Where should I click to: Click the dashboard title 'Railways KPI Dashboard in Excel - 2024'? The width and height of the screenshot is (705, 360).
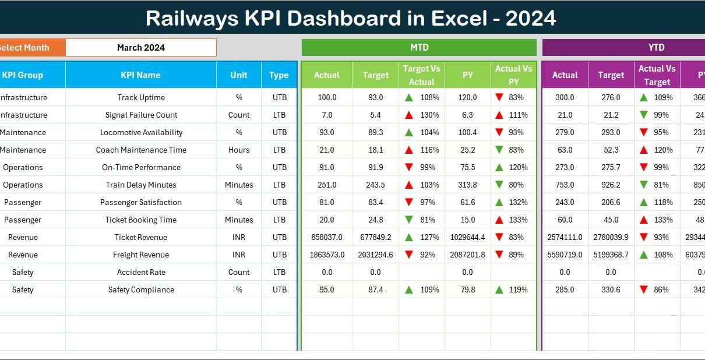(x=351, y=18)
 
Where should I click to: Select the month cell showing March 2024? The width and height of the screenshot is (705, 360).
(x=140, y=48)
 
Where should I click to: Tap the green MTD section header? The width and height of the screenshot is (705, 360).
(x=419, y=48)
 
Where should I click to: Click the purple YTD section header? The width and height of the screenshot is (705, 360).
(x=656, y=48)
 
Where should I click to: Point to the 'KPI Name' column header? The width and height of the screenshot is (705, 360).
(x=140, y=75)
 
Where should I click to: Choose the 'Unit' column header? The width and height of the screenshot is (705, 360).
(x=239, y=75)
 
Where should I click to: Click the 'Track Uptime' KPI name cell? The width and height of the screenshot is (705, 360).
(x=141, y=97)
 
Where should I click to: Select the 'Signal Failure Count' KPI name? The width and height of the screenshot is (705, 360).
(x=141, y=115)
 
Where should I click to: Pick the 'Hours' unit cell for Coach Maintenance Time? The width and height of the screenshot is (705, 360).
(x=239, y=150)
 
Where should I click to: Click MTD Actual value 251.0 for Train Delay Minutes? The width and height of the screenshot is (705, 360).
(x=327, y=185)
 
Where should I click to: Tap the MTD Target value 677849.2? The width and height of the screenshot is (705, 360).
(x=375, y=237)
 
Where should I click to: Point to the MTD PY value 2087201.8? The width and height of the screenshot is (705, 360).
(x=467, y=255)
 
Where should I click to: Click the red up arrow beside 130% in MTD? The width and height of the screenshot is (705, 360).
(x=410, y=115)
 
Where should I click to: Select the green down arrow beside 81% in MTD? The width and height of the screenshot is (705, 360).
(x=410, y=220)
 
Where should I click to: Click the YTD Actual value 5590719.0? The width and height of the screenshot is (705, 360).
(x=565, y=255)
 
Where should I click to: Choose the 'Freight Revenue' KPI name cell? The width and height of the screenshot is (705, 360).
(x=141, y=255)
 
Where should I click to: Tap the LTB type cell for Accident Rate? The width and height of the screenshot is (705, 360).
(x=279, y=272)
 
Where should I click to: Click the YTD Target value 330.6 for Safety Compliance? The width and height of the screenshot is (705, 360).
(x=611, y=290)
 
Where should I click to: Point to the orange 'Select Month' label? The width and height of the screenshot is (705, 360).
(x=26, y=48)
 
